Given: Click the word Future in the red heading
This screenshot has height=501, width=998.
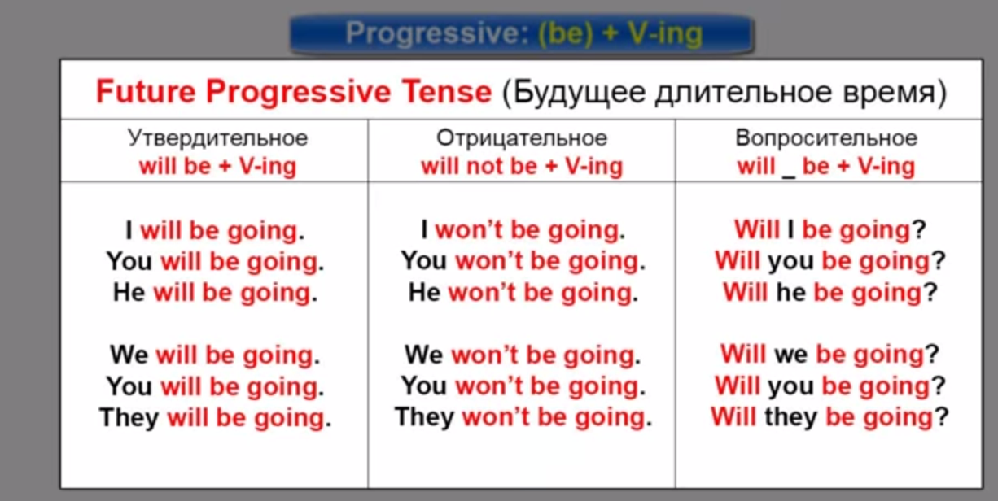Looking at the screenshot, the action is tap(146, 92).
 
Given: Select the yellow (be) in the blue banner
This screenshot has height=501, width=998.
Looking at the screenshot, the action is tap(566, 34).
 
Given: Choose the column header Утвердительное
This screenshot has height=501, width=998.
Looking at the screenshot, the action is tap(217, 138).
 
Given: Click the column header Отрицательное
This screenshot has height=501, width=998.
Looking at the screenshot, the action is tap(521, 138).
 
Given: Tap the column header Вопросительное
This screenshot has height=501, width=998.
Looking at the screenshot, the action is tap(826, 138).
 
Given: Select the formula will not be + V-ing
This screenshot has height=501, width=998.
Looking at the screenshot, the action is tap(522, 167).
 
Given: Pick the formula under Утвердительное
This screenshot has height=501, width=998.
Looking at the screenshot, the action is tap(217, 167).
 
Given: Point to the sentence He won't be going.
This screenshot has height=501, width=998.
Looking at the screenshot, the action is tap(523, 294).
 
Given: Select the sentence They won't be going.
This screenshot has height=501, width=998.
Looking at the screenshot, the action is tap(523, 418).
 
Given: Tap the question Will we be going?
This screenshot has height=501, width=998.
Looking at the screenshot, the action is tap(829, 355).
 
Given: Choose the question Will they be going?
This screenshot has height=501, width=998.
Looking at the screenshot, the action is tap(829, 418).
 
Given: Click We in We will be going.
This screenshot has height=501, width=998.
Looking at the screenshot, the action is tap(129, 355).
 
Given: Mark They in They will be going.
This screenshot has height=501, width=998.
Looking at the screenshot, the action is tap(129, 418).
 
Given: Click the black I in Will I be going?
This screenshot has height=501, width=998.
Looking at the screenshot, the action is tap(790, 231).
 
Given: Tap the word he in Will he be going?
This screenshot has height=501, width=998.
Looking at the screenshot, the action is tap(791, 293).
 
